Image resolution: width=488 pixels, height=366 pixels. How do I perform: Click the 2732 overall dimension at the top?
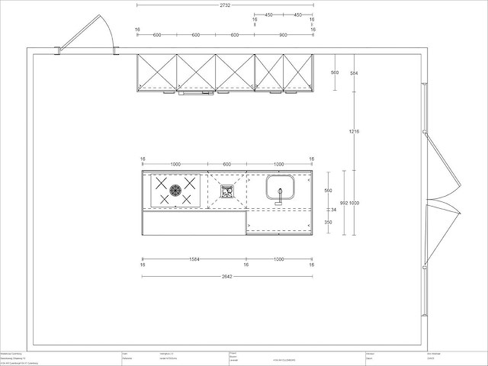point(225,5)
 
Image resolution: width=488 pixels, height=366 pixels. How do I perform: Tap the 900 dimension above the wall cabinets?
point(284,35)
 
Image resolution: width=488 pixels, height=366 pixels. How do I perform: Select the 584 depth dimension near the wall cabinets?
point(353,72)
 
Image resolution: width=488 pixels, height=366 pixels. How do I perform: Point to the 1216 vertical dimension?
point(354,132)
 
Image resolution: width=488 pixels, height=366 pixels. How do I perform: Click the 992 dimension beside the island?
point(344,202)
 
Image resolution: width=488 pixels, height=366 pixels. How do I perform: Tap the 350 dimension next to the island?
point(328,222)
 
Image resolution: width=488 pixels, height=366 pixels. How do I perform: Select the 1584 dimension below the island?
point(195,259)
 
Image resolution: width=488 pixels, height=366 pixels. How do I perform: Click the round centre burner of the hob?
point(175,191)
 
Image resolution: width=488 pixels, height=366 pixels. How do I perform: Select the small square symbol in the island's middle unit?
point(226,191)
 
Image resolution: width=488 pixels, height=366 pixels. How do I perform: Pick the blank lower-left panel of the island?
point(194,223)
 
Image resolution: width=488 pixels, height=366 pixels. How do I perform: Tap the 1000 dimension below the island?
point(279,259)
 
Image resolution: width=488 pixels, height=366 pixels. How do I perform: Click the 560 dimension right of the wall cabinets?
point(335,72)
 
